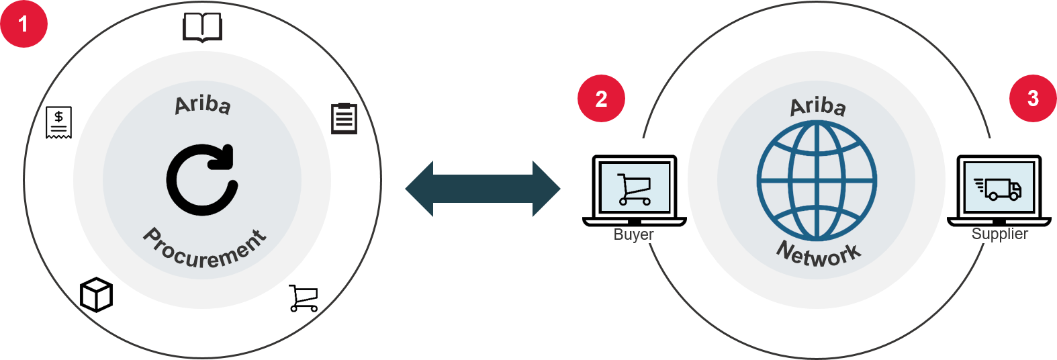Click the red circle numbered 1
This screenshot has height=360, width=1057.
24,24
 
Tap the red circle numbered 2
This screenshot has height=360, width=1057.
601,99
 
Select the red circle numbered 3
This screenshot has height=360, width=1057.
1033,98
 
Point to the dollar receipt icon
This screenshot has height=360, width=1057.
58,122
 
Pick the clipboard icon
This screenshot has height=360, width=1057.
344,118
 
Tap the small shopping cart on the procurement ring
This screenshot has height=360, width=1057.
304,298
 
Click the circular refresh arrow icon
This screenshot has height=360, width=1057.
201,180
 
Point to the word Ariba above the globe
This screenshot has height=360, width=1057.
817,106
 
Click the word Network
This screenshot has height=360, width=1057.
818,254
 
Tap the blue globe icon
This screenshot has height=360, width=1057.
817,180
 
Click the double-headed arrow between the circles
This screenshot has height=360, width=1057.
483,189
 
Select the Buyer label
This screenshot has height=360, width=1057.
633,234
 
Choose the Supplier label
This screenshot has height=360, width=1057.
999,234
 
